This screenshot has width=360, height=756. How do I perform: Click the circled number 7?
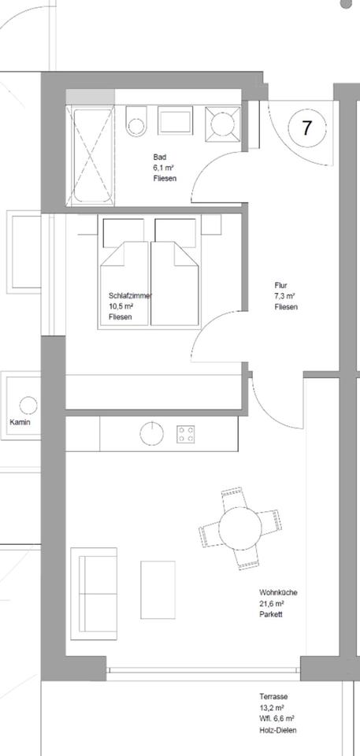point(307,128)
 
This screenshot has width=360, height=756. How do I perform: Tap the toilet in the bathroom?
point(135,121)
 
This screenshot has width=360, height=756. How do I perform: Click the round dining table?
point(239,528)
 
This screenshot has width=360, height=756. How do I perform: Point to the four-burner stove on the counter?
point(186,434)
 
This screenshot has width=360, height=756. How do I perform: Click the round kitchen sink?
point(151,433)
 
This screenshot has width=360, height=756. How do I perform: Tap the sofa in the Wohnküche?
point(94,594)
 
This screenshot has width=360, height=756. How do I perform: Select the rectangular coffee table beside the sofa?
point(158,590)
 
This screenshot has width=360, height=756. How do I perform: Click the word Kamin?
point(20,422)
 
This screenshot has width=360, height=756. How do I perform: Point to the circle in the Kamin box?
point(28,405)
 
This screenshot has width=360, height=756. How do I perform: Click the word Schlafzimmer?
point(130,296)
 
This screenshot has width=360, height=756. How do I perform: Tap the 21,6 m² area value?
point(271,604)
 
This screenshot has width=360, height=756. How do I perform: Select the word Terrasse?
point(273,697)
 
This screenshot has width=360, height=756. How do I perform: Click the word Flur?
point(281,285)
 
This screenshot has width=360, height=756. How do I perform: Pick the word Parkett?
point(271,614)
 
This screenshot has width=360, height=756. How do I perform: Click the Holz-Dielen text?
point(278,730)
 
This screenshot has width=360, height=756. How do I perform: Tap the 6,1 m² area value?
point(163,168)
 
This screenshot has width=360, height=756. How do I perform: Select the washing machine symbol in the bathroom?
point(222,124)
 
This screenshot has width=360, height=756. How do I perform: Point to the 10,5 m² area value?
point(121,306)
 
